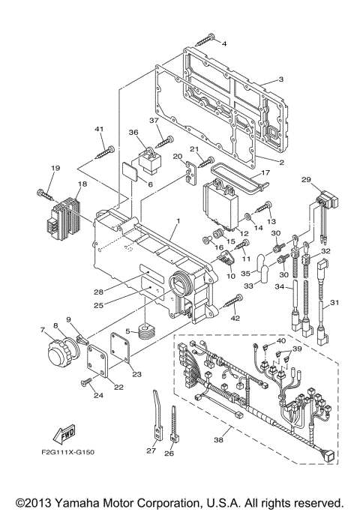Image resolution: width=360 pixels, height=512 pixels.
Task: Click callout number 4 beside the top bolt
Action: click(223, 44)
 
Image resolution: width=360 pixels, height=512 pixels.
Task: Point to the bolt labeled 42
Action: click(231, 303)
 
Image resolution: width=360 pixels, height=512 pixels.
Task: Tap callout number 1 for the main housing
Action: click(178, 222)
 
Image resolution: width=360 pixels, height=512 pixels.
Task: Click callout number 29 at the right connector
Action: click(306, 179)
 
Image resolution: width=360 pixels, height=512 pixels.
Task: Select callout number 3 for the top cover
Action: click(280, 79)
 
